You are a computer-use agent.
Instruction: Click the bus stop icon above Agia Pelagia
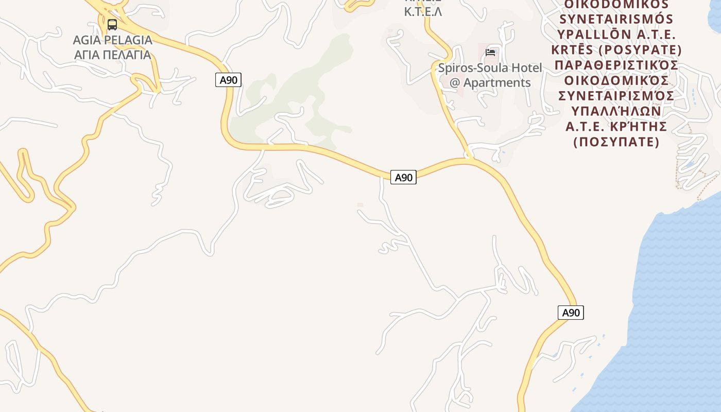pyautogui.click(x=112, y=24)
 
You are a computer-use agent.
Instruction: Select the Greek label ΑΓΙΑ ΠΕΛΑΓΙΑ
pyautogui.click(x=112, y=55)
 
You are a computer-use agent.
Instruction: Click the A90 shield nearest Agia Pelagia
pyautogui.click(x=228, y=80)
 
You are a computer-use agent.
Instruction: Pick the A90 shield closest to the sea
pyautogui.click(x=571, y=313)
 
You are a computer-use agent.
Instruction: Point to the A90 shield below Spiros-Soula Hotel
pyautogui.click(x=403, y=177)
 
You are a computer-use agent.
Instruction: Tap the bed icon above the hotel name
pyautogui.click(x=490, y=53)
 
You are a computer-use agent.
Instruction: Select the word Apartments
pyautogui.click(x=497, y=82)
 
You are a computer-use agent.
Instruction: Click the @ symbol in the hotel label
pyautogui.click(x=455, y=82)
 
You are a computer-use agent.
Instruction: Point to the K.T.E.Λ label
pyautogui.click(x=423, y=12)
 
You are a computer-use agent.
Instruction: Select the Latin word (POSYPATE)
pyautogui.click(x=645, y=50)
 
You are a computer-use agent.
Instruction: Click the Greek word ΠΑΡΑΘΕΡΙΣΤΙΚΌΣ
pyautogui.click(x=616, y=65)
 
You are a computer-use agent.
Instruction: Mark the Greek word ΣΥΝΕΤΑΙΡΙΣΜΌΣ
pyautogui.click(x=616, y=96)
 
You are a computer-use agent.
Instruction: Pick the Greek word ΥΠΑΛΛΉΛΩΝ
pyautogui.click(x=616, y=111)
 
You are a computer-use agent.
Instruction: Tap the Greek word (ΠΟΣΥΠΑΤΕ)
pyautogui.click(x=616, y=142)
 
